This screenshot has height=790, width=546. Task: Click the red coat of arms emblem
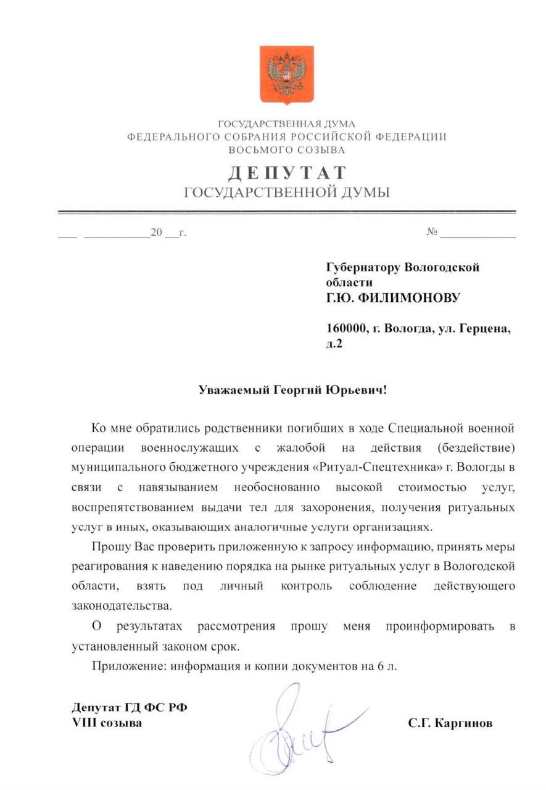pos(286,75)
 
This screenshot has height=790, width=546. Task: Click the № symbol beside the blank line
pos(431,233)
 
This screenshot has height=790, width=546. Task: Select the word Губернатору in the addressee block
pos(362,267)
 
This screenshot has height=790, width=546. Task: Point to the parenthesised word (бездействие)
pos(474,445)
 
